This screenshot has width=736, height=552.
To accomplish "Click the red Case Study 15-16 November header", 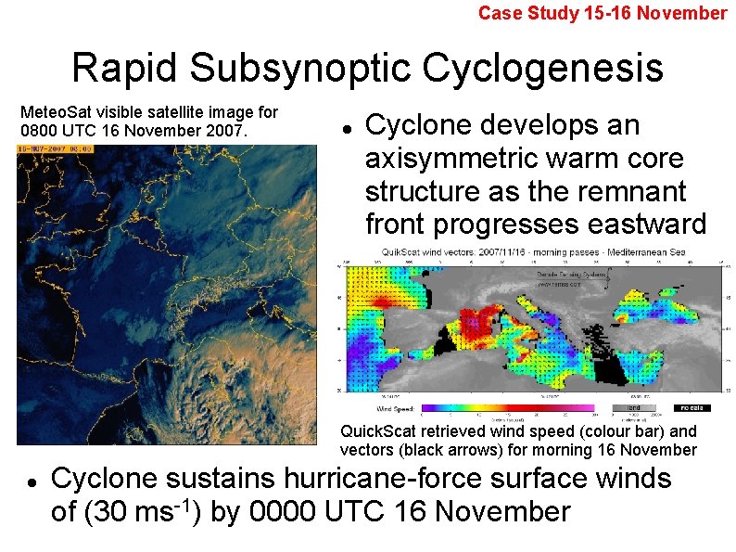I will tap(603, 13).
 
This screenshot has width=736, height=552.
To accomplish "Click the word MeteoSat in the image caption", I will tap(56, 112).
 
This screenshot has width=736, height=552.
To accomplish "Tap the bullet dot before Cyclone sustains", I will tap(31, 482).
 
